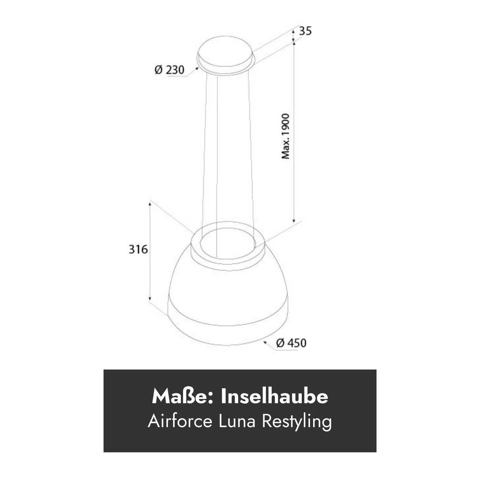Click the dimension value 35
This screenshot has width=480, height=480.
pyautogui.click(x=305, y=31)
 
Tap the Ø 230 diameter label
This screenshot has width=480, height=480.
pyautogui.click(x=169, y=70)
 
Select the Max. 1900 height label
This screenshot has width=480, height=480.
pyautogui.click(x=286, y=136)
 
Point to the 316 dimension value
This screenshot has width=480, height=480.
pyautogui.click(x=138, y=249)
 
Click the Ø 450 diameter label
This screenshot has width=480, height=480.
pyautogui.click(x=291, y=343)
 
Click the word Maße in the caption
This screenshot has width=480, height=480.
pyautogui.click(x=183, y=397)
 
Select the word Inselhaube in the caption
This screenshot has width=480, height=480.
pyautogui.click(x=274, y=397)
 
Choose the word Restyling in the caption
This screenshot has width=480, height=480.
pyautogui.click(x=297, y=421)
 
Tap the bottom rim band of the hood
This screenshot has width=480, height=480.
pyautogui.click(x=225, y=324)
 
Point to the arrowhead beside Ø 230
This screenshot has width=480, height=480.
pyautogui.click(x=197, y=68)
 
